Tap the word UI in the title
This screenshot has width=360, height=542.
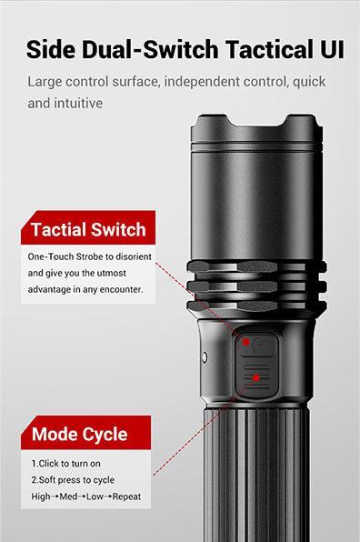point(330,48)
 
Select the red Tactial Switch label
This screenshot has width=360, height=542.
point(87,229)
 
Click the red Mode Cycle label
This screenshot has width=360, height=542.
point(79,434)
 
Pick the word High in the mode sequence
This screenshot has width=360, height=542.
point(42,496)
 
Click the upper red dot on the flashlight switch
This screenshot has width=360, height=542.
point(245,342)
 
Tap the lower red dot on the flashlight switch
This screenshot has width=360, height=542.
point(257,376)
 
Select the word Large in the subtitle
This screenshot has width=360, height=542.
point(46,82)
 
